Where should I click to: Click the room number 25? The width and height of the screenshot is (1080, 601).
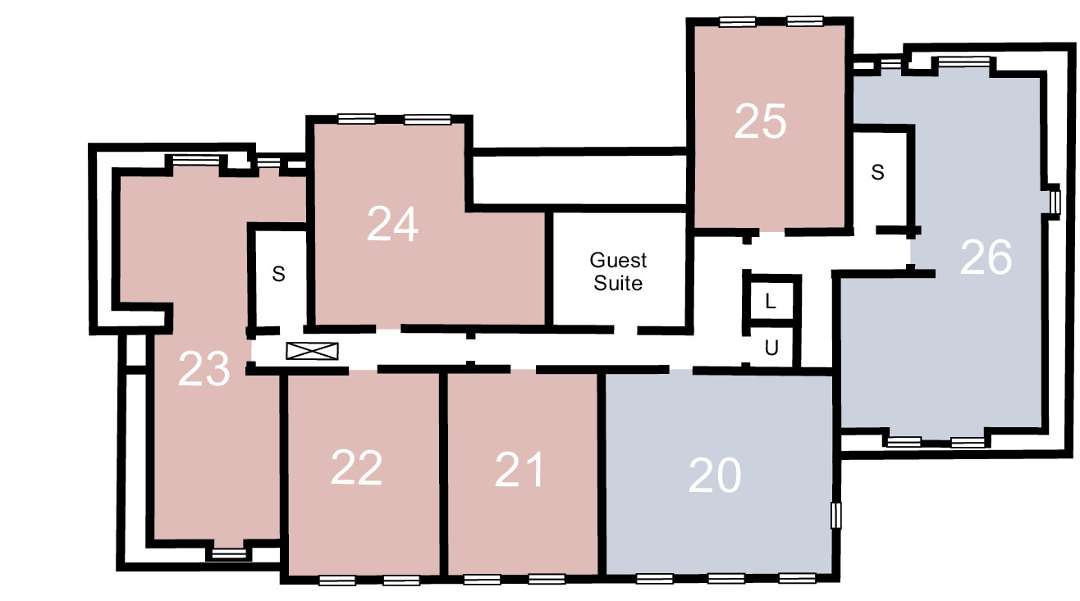[760, 121]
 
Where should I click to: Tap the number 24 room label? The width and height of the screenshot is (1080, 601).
[392, 224]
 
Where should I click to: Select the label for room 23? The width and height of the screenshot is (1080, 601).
[204, 369]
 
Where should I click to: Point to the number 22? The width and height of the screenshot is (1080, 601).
[357, 467]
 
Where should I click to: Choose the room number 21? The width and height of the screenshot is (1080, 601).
[519, 470]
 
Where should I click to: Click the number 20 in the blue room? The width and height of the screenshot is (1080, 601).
[715, 476]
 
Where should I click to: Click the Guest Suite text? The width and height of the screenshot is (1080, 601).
[618, 271]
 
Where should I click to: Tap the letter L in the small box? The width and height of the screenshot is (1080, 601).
[771, 302]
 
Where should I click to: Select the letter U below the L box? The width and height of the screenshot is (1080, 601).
[771, 347]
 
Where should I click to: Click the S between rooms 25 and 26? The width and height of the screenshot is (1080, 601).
[877, 172]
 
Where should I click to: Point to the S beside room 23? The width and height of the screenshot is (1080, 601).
[279, 274]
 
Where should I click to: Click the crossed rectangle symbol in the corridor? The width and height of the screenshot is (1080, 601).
[313, 351]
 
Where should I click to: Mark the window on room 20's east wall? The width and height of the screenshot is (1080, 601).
[836, 515]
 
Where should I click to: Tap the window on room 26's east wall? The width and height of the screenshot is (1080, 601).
[1055, 203]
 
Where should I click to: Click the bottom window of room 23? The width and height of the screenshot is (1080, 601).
[229, 553]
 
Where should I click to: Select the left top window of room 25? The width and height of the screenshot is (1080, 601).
[737, 22]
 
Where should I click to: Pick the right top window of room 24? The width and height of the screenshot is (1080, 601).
[428, 120]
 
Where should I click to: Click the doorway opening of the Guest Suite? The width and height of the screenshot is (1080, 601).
[626, 330]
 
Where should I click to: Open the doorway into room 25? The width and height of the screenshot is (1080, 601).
[772, 233]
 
